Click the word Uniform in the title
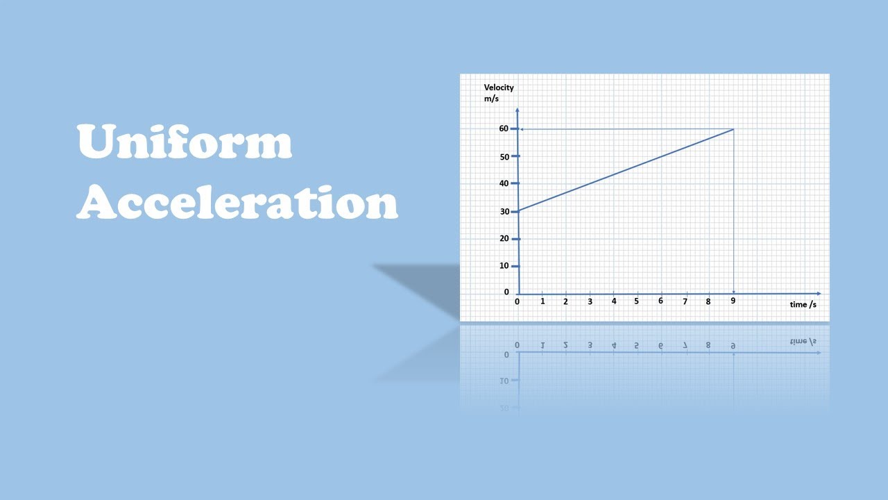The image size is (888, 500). pyautogui.click(x=184, y=142)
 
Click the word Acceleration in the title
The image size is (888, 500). pyautogui.click(x=237, y=202)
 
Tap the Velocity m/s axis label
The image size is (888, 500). pyautogui.click(x=499, y=92)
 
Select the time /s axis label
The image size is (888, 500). pyautogui.click(x=803, y=304)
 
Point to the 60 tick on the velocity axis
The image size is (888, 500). pyautogui.click(x=504, y=128)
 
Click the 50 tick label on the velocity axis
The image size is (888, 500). pyautogui.click(x=504, y=156)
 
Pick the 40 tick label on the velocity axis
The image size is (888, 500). pyautogui.click(x=504, y=183)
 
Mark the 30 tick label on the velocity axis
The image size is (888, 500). pyautogui.click(x=504, y=211)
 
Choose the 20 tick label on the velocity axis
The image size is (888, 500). pyautogui.click(x=504, y=238)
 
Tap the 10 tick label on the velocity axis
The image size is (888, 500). pyautogui.click(x=504, y=265)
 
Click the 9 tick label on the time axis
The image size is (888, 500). pyautogui.click(x=733, y=301)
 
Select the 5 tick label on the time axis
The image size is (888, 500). pyautogui.click(x=636, y=301)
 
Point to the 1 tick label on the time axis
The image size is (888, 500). pyautogui.click(x=543, y=301)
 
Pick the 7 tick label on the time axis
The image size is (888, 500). pyautogui.click(x=685, y=301)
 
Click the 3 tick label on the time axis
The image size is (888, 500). pyautogui.click(x=590, y=301)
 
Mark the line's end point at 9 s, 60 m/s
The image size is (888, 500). pyautogui.click(x=733, y=129)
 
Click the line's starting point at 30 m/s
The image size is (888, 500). pyautogui.click(x=518, y=211)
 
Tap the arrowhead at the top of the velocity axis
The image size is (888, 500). pyautogui.click(x=518, y=110)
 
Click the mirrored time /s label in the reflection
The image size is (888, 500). pyautogui.click(x=803, y=341)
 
